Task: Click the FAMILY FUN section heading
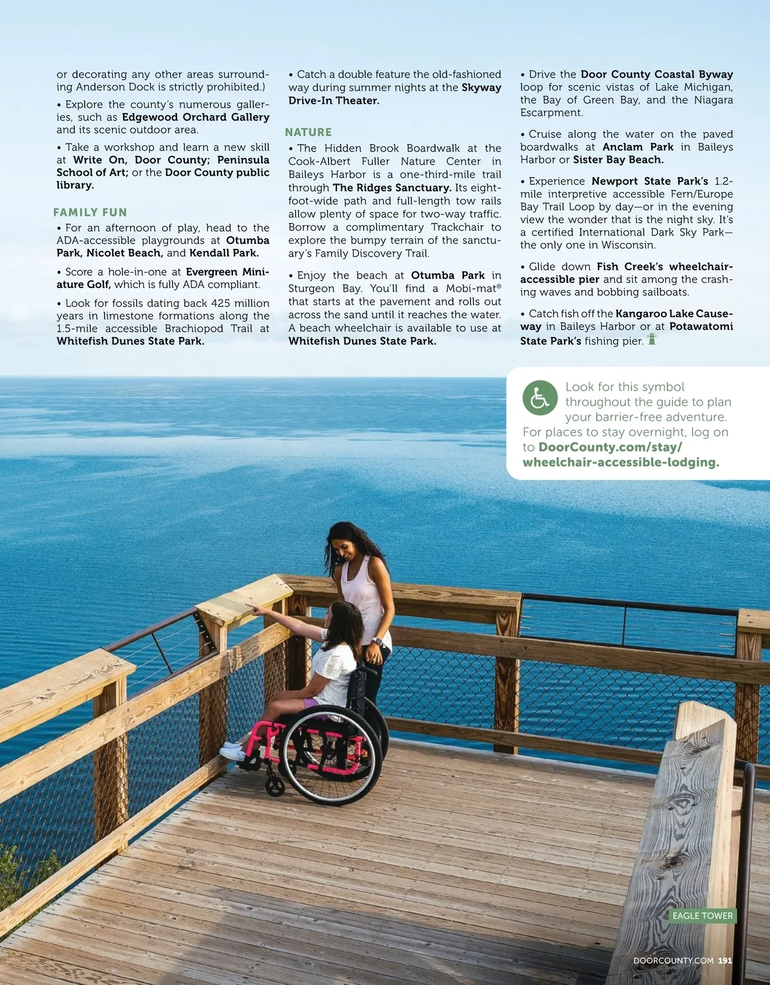point(90,212)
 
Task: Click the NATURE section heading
point(308,132)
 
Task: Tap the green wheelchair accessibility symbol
point(540,398)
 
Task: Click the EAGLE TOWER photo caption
point(702,916)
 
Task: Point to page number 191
point(725,961)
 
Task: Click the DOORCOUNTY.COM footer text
point(673,961)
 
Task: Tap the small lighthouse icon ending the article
point(652,339)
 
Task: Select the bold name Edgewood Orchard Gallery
point(196,117)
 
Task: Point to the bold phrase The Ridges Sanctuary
point(391,187)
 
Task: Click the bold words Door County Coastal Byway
point(656,74)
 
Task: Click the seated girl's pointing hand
point(255,608)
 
